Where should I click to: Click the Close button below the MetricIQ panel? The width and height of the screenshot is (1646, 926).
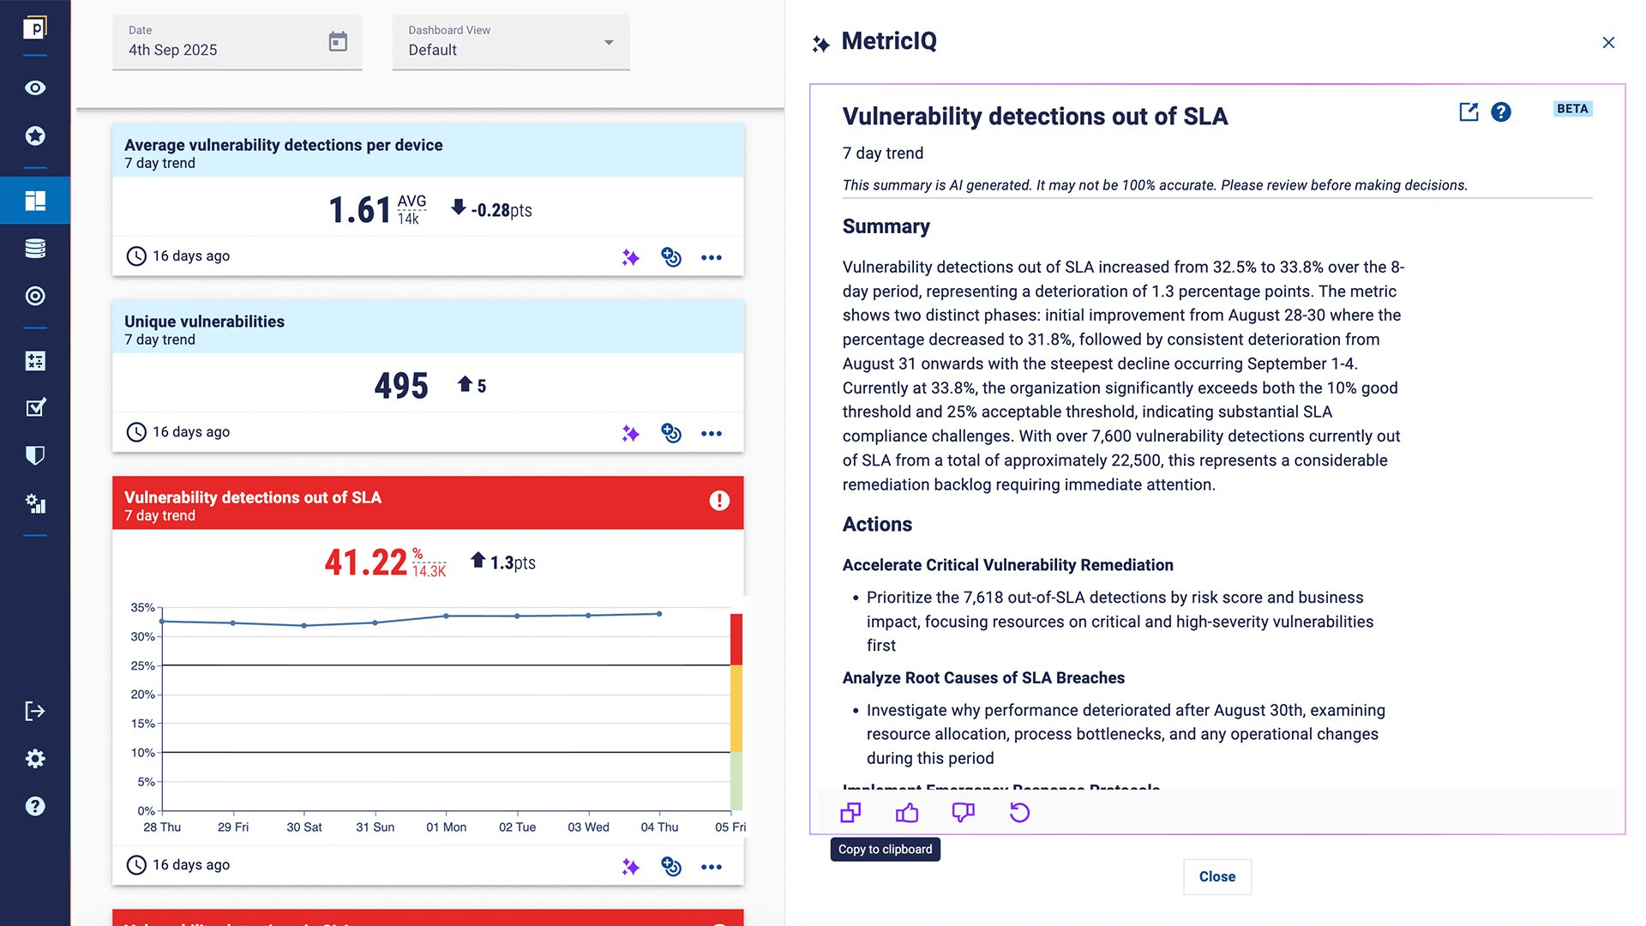tap(1216, 876)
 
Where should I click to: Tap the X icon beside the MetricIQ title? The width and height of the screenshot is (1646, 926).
tap(1608, 43)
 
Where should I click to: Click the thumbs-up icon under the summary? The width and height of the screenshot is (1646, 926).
tap(907, 813)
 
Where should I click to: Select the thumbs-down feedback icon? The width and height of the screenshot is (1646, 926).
tap(963, 813)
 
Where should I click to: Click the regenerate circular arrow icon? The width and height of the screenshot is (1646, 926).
tap(1019, 813)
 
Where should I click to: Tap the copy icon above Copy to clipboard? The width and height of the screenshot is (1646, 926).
tap(850, 813)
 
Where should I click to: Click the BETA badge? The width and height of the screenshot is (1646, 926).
tap(1572, 109)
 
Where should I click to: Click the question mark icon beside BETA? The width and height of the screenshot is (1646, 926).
tap(1501, 112)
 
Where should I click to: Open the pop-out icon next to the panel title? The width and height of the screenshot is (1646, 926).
tap(1469, 112)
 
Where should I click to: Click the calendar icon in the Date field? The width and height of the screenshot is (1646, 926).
tap(338, 41)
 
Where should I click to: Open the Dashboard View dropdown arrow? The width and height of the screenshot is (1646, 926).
tap(609, 42)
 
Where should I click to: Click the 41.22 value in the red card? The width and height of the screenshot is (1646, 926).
tap(366, 562)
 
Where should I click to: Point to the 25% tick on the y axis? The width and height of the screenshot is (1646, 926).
tap(143, 665)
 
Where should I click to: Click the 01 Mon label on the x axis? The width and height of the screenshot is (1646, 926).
tap(447, 827)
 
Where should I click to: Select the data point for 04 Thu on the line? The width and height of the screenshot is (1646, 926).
tap(659, 614)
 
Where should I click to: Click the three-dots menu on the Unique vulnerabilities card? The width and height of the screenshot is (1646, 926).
tap(712, 434)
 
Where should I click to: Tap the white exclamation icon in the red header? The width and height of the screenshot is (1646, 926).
tap(719, 501)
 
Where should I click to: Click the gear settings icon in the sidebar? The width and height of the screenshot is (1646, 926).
tap(35, 759)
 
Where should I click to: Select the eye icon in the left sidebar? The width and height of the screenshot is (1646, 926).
tap(35, 88)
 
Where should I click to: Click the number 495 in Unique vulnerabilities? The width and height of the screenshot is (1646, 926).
tap(401, 386)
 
